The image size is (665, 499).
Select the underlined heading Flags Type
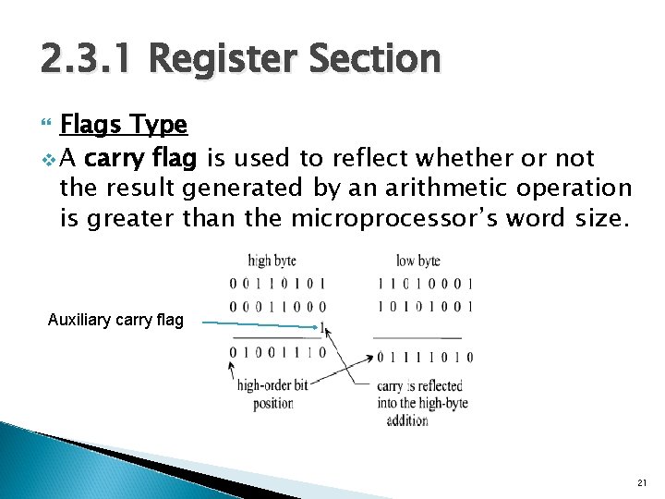click(123, 124)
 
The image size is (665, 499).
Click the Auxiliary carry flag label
click(115, 322)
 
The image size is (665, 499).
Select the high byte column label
click(272, 262)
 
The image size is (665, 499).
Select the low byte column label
click(417, 262)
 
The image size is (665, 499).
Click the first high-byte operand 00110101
click(277, 284)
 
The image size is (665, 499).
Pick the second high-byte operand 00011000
click(277, 306)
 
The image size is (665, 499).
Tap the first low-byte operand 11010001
click(425, 284)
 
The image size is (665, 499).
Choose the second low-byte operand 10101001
click(425, 306)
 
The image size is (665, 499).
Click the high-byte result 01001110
click(277, 352)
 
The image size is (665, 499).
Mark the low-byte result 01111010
click(425, 357)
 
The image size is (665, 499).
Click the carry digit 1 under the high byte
click(321, 326)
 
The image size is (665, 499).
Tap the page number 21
click(643, 483)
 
